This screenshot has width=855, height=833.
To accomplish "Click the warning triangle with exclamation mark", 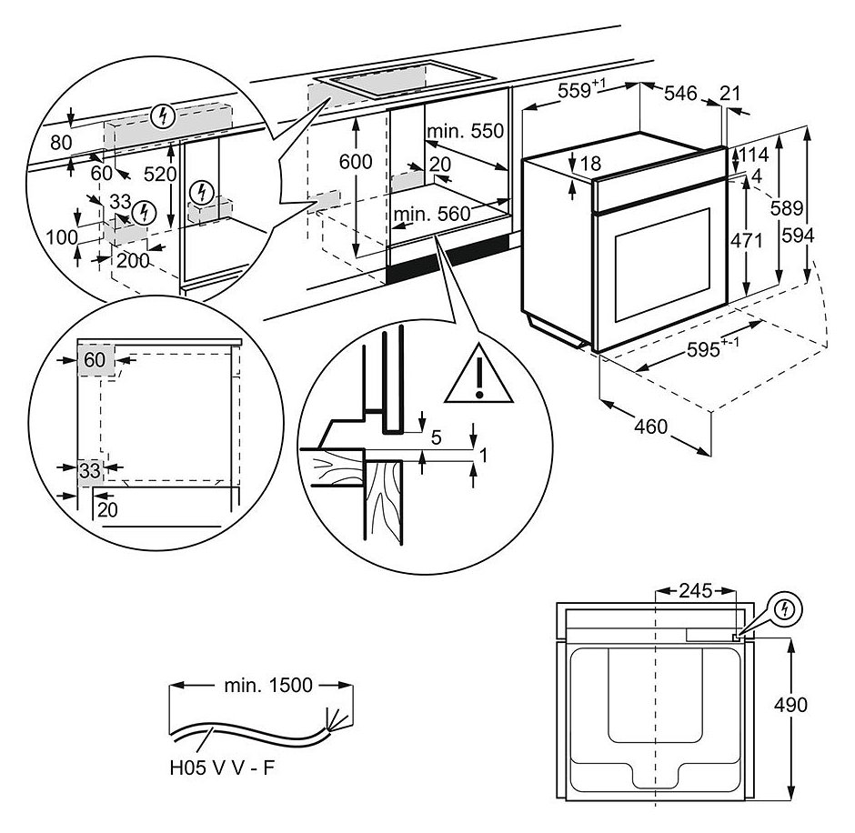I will click(x=478, y=377).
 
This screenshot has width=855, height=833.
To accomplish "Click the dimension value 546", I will click(x=679, y=93).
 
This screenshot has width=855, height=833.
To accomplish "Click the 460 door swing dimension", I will click(x=650, y=426).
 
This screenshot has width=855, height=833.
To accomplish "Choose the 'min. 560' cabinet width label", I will click(x=431, y=214).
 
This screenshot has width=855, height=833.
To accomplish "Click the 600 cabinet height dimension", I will click(x=356, y=162).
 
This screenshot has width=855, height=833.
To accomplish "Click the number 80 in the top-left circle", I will click(x=61, y=142).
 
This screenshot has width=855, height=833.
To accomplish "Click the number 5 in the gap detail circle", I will click(x=436, y=438).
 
